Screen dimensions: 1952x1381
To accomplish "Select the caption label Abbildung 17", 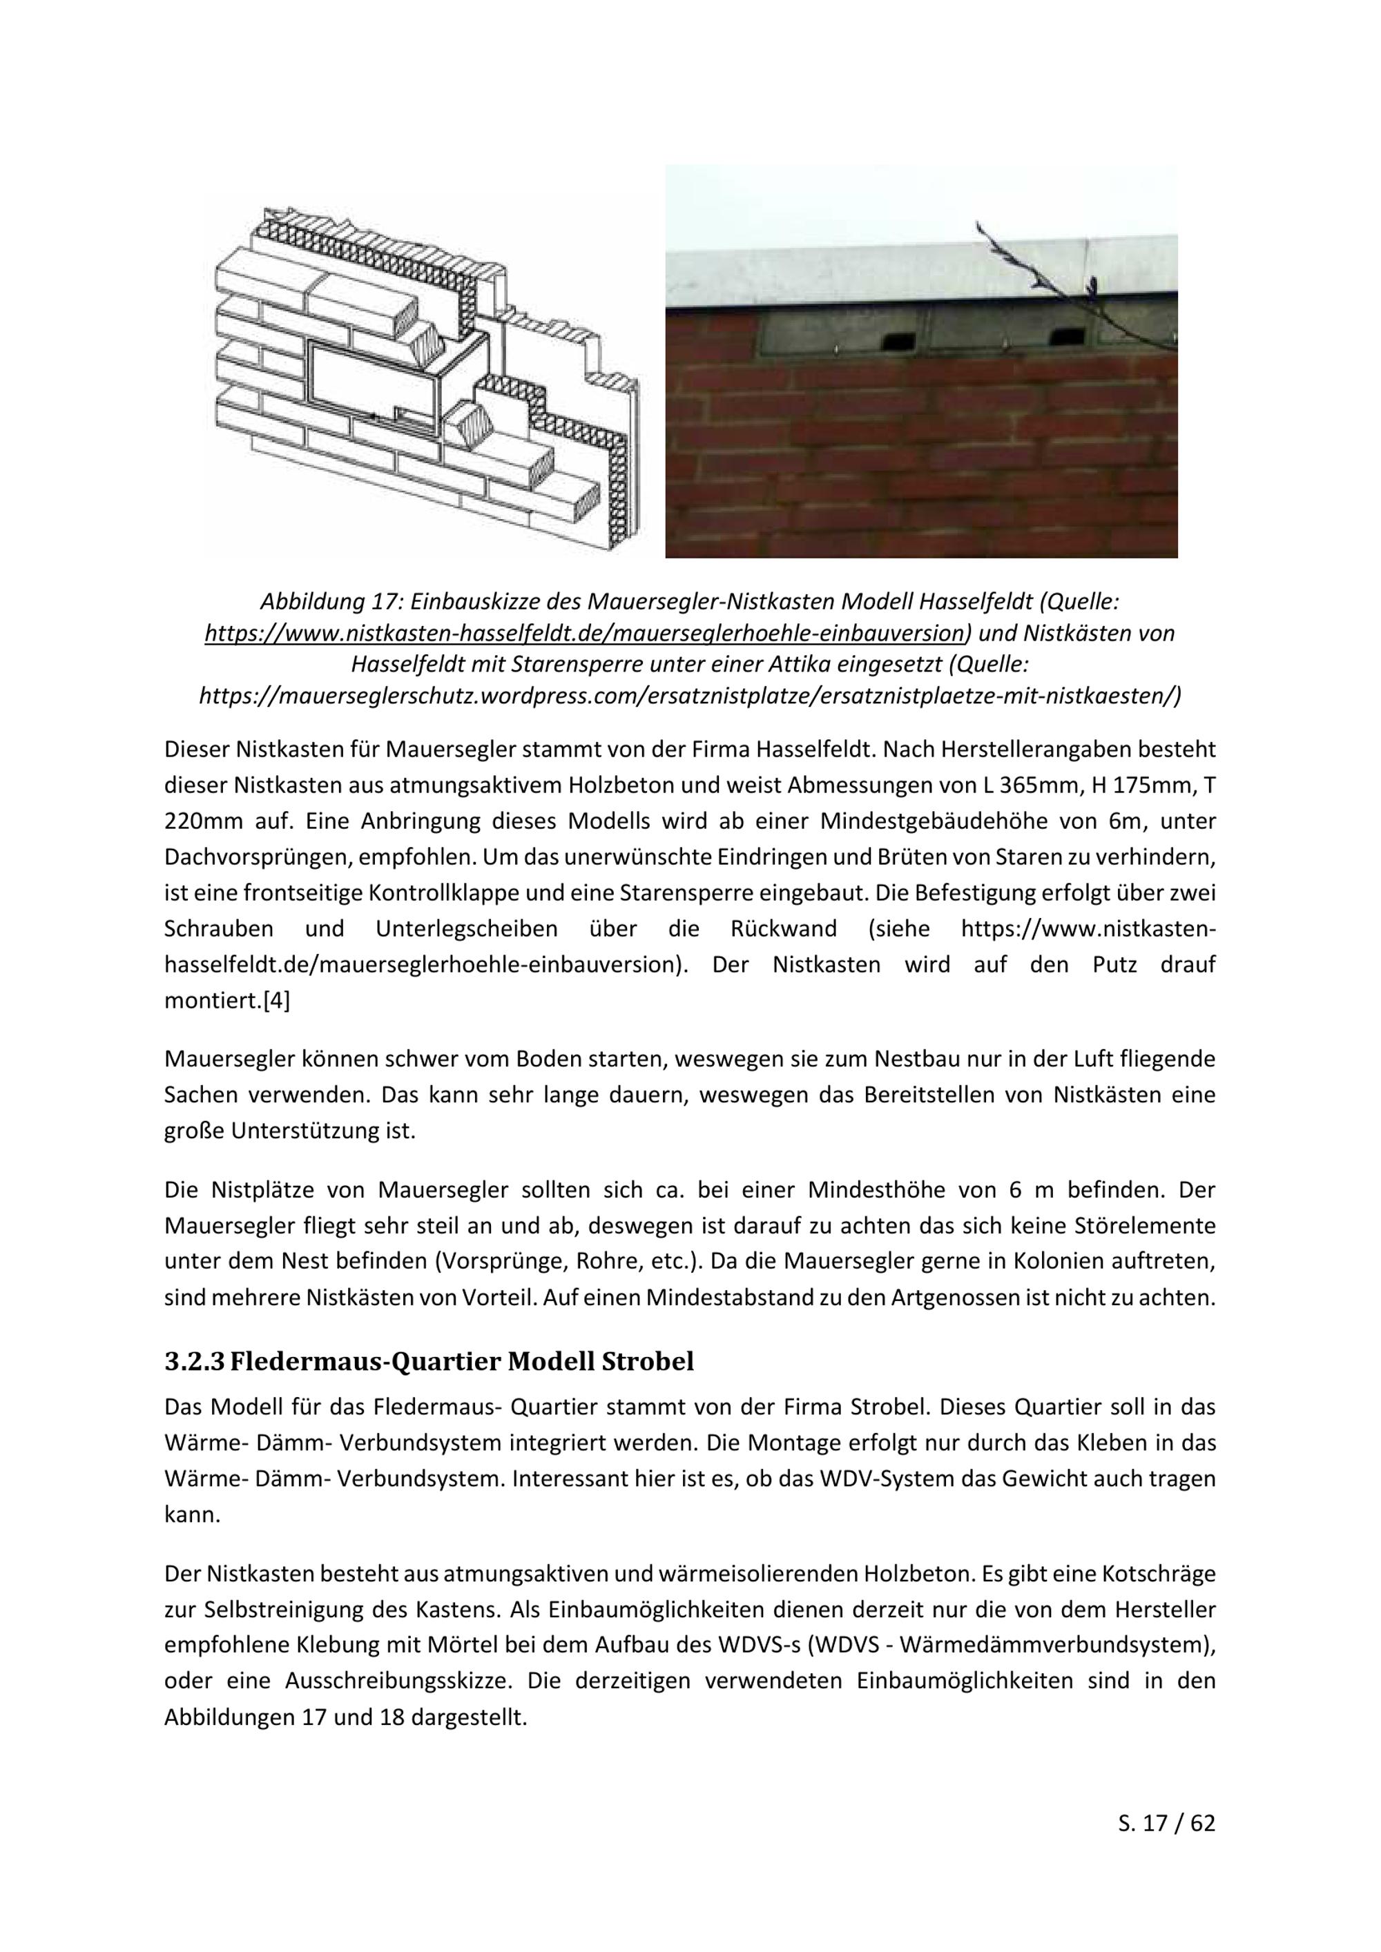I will [x=331, y=602].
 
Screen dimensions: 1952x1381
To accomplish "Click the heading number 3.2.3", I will [x=194, y=1361].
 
